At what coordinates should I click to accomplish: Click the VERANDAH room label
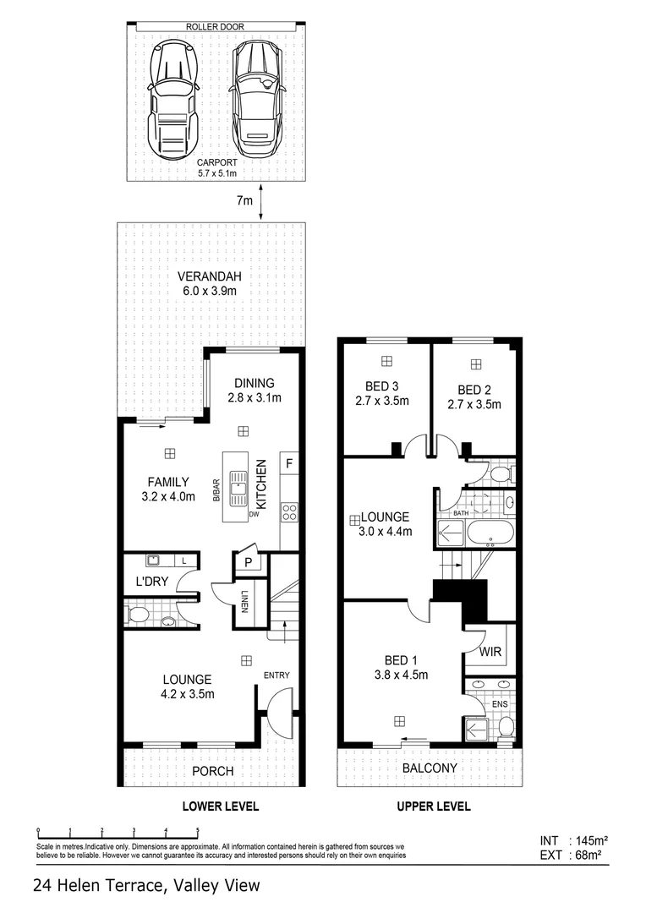pyautogui.click(x=209, y=276)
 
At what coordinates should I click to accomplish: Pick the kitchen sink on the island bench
pyautogui.click(x=240, y=485)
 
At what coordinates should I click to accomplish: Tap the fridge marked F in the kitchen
pyautogui.click(x=289, y=463)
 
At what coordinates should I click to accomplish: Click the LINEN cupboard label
pyautogui.click(x=243, y=605)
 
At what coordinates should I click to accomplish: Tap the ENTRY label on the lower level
pyautogui.click(x=276, y=675)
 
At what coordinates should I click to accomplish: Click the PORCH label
pyautogui.click(x=213, y=771)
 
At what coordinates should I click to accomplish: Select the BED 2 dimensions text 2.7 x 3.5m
pyautogui.click(x=474, y=404)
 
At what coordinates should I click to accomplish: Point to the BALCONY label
pyautogui.click(x=430, y=768)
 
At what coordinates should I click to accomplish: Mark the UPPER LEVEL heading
pyautogui.click(x=434, y=806)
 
